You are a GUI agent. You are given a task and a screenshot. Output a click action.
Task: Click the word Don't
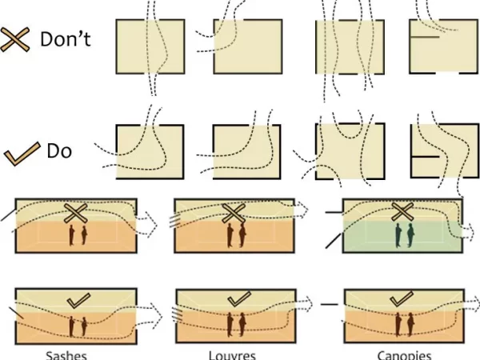tap(66, 39)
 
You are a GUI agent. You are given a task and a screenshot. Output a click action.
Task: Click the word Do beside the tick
tap(59, 151)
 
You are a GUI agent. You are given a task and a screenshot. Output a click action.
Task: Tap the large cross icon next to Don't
tap(15, 39)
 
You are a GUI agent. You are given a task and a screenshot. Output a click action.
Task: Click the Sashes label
tap(66, 355)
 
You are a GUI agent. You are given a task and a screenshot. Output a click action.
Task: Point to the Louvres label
tap(232, 355)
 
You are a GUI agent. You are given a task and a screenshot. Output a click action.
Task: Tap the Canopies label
tap(404, 355)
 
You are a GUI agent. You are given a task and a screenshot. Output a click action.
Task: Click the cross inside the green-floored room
tap(403, 212)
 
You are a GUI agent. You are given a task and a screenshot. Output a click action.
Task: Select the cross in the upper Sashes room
tap(75, 213)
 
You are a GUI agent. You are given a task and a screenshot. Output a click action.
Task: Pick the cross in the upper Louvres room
tap(234, 213)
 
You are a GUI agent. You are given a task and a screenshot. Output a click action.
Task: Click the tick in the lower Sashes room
tap(78, 301)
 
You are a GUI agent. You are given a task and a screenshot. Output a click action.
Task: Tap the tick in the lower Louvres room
tap(239, 298)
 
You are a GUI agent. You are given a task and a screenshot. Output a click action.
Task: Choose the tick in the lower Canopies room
tap(402, 298)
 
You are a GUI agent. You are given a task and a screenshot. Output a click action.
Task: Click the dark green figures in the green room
tap(404, 235)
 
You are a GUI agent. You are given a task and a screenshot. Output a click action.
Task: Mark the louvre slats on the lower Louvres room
tap(177, 314)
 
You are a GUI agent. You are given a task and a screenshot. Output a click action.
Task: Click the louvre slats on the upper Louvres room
tap(174, 221)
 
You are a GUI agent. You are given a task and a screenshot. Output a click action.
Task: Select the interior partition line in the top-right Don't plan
tap(425, 37)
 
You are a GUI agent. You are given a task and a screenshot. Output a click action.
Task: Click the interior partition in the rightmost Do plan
tap(426, 157)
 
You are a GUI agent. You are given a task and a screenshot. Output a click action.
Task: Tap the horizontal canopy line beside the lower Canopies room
tap(330, 304)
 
